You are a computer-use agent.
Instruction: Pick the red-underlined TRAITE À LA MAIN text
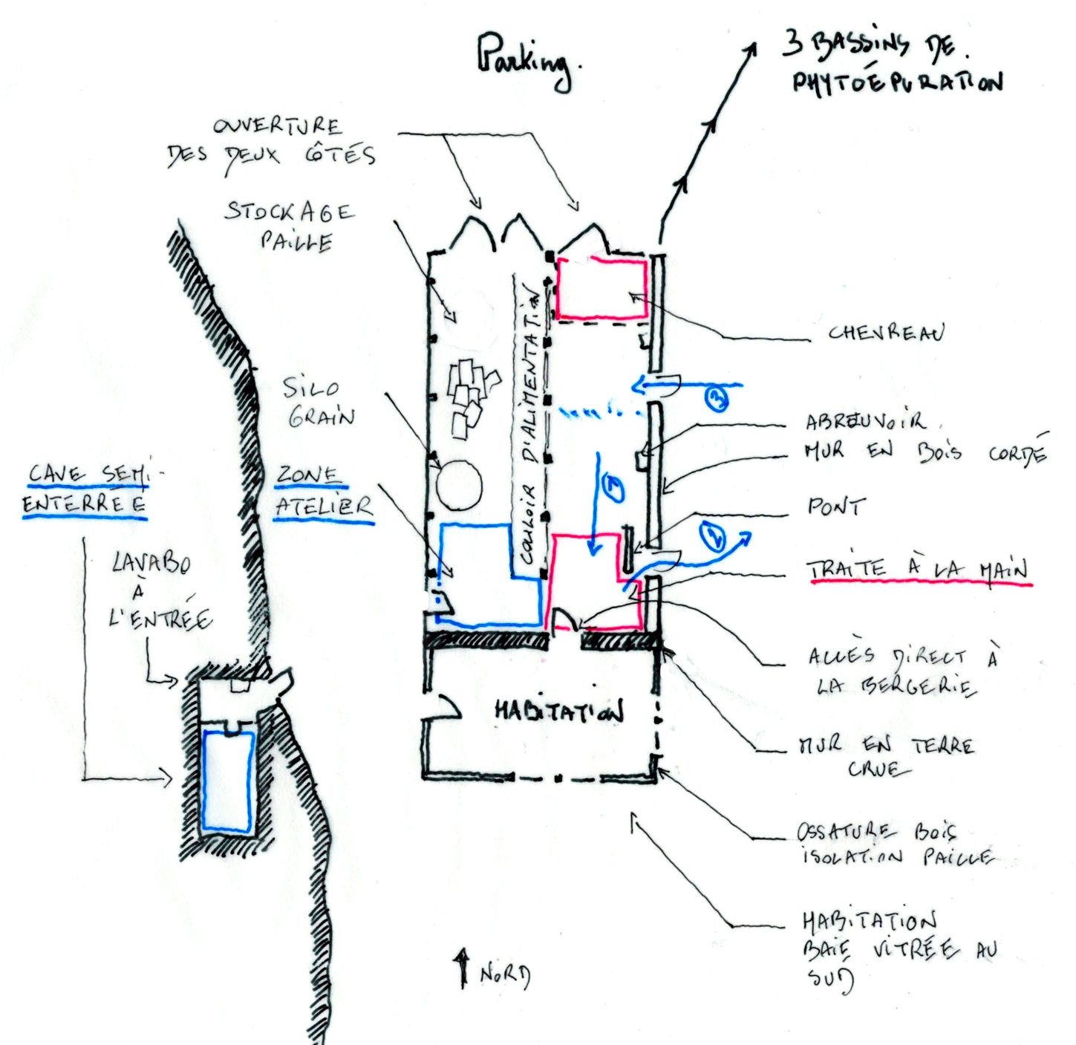(x=919, y=570)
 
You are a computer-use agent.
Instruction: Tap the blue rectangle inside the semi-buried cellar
(x=228, y=780)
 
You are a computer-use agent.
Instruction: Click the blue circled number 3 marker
(x=715, y=399)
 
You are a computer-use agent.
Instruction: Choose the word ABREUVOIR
(x=866, y=422)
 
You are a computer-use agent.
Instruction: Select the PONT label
(x=836, y=507)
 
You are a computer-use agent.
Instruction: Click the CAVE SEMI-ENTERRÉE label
(x=86, y=489)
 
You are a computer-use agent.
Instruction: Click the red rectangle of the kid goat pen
(x=601, y=289)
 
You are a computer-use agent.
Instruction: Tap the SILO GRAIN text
(x=318, y=402)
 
